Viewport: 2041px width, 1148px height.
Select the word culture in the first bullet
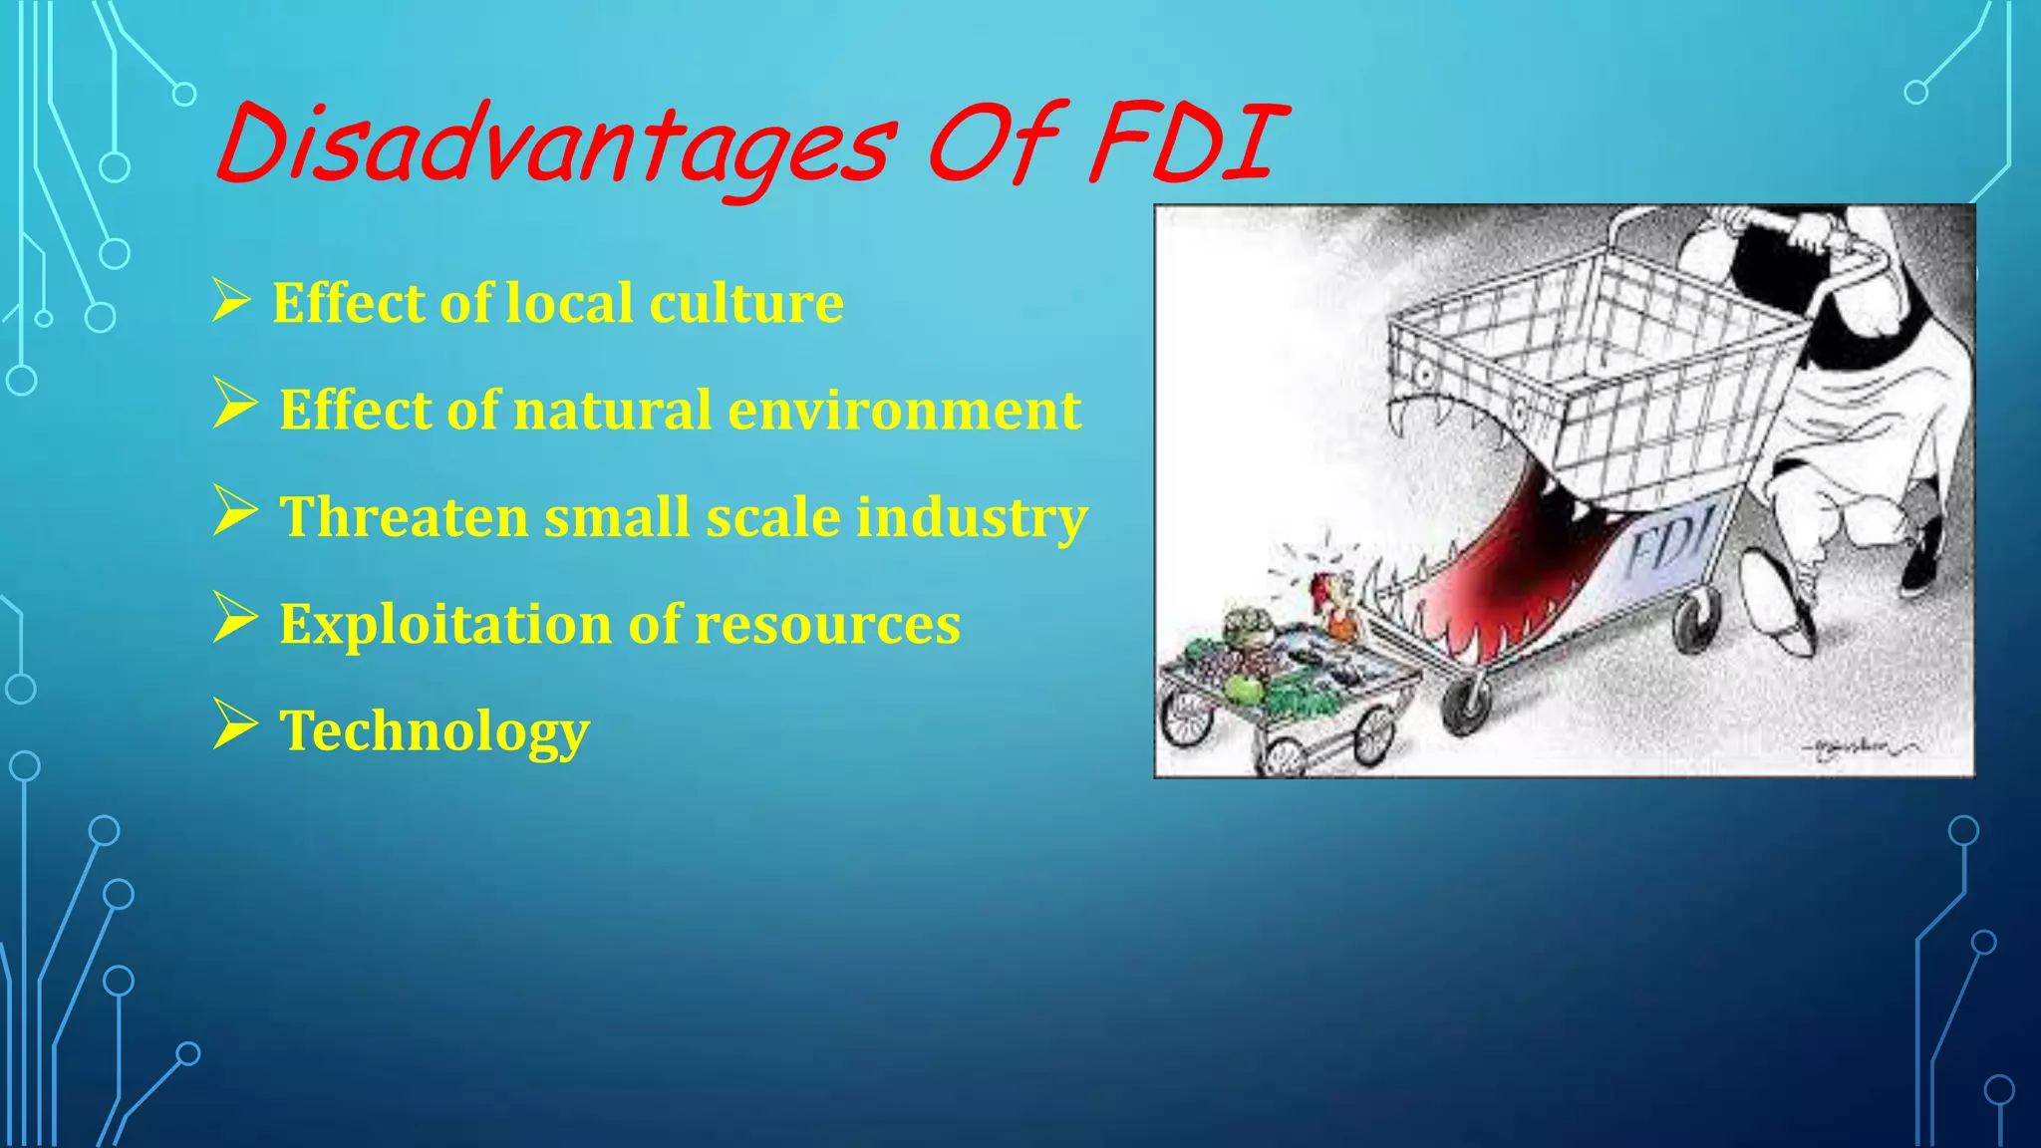(746, 303)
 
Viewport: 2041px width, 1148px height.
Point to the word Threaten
(404, 517)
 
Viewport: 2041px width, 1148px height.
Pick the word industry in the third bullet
(972, 517)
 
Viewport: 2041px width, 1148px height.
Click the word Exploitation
(444, 625)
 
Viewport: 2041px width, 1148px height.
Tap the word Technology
(435, 731)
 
